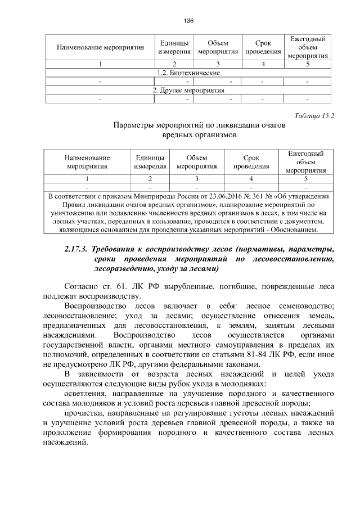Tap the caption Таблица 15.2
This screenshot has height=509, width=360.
pos(314,116)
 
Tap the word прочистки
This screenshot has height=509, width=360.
pos(84,411)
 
